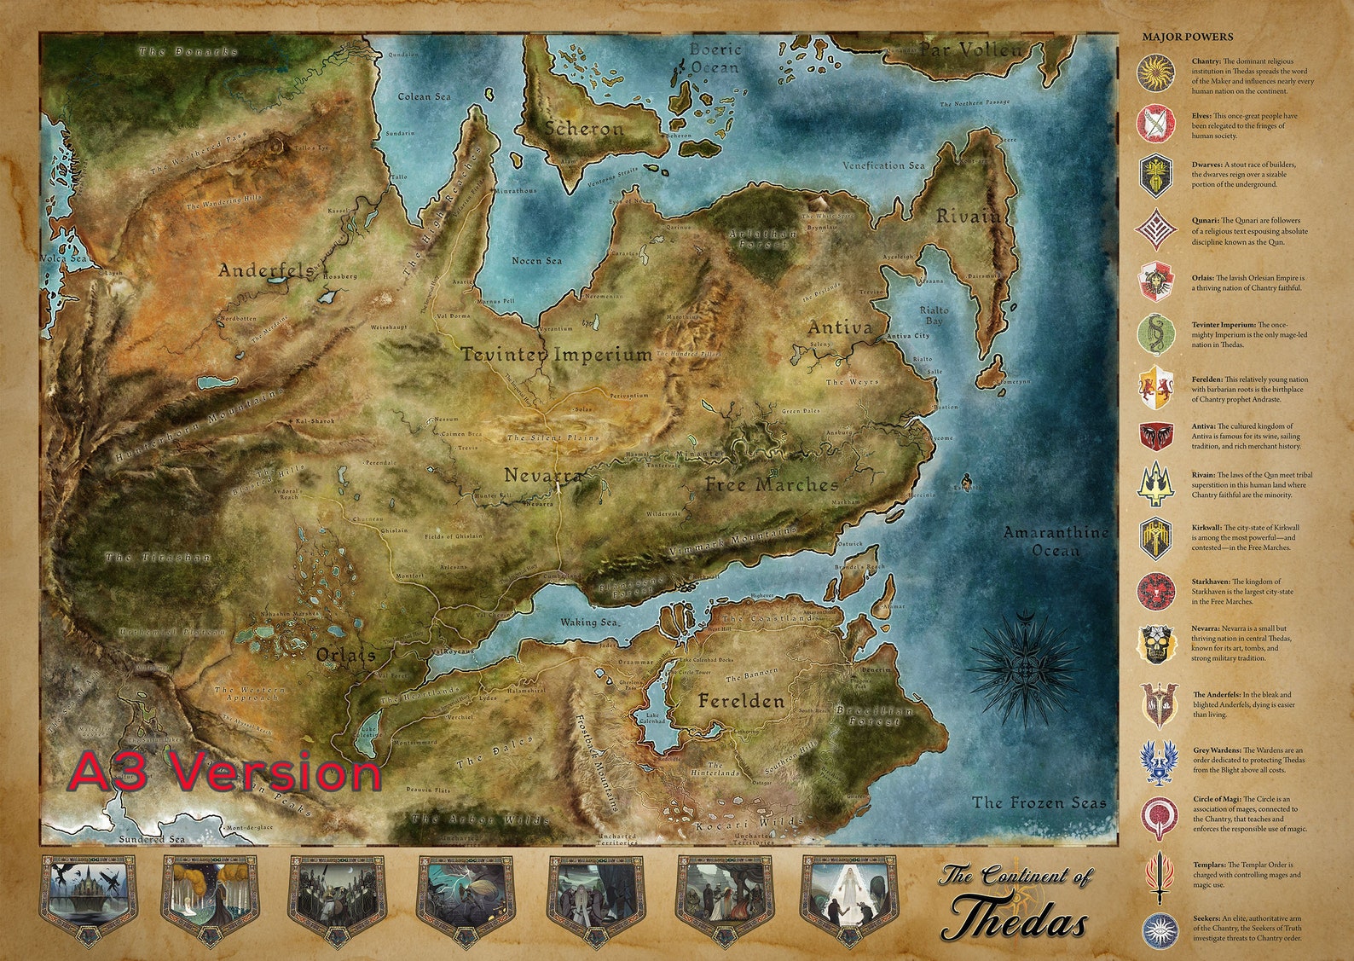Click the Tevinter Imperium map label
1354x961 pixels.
click(x=556, y=354)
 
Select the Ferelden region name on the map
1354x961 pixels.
click(x=740, y=702)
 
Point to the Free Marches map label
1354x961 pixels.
click(x=771, y=485)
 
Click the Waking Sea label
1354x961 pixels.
click(x=588, y=622)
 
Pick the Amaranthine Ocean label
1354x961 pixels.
click(x=1056, y=541)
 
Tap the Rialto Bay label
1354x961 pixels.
click(x=934, y=316)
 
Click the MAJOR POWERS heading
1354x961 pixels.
click(x=1187, y=38)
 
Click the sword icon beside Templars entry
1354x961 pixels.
click(x=1155, y=877)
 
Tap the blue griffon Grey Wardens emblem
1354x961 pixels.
click(x=1155, y=761)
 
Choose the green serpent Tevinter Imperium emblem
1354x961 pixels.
click(x=1155, y=333)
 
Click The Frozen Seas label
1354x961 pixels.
click(x=1039, y=802)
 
